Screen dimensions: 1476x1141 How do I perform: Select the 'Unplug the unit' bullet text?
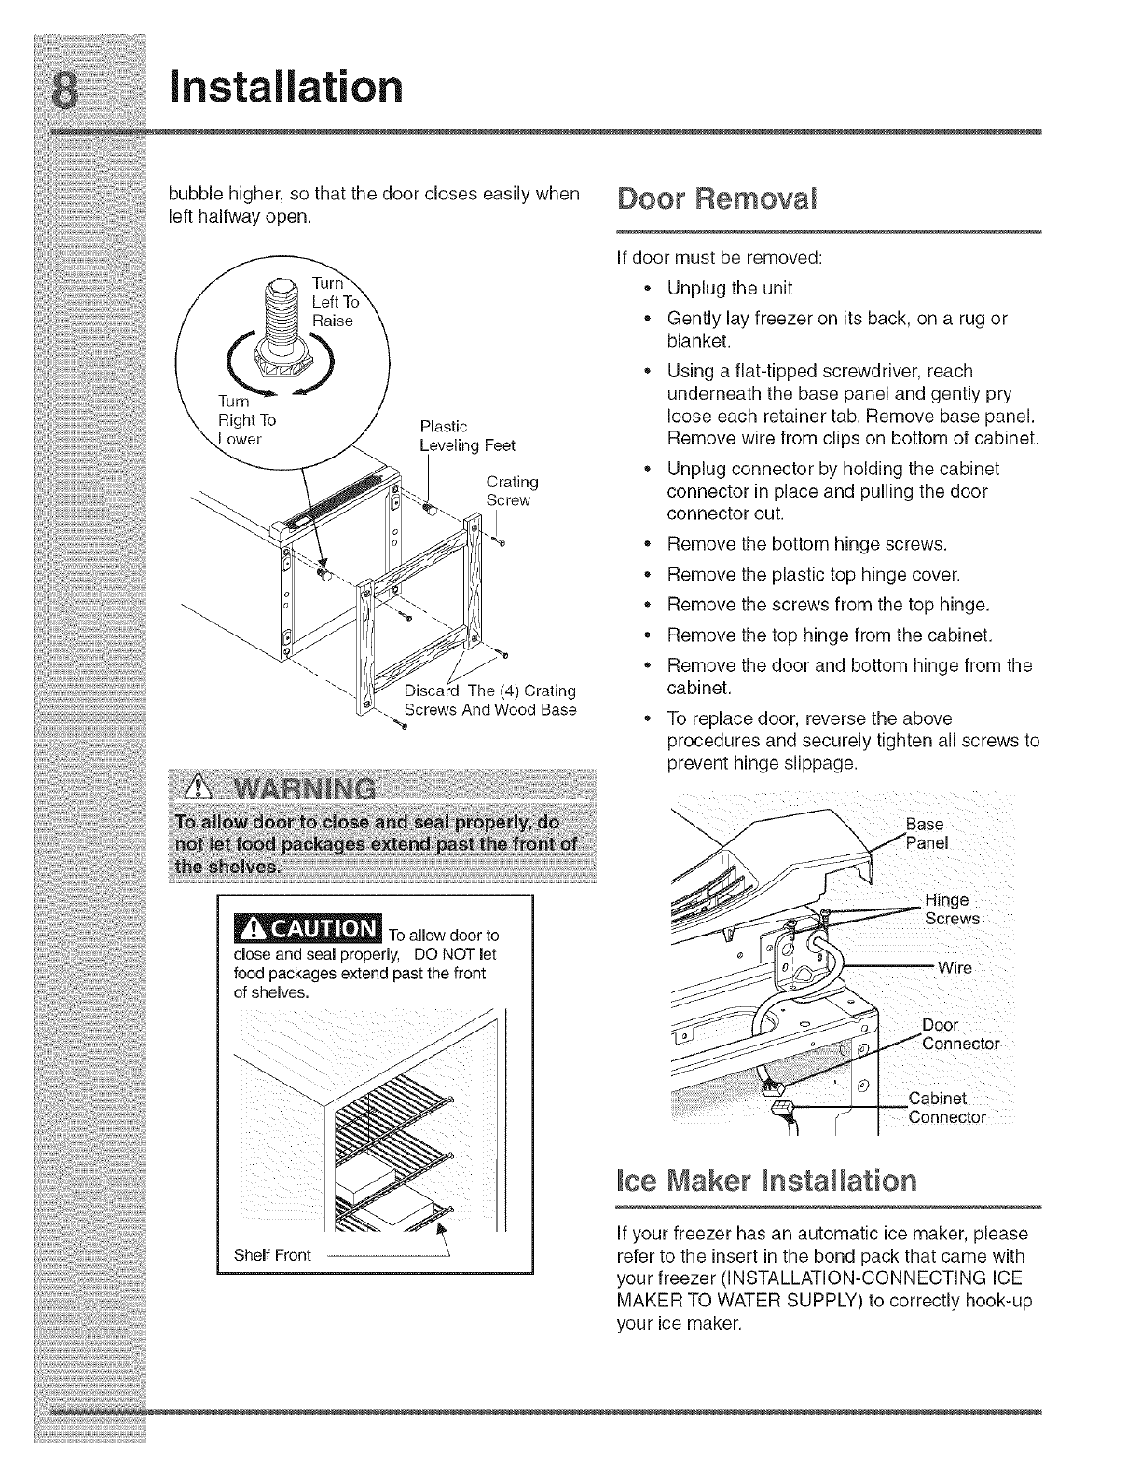[x=730, y=288]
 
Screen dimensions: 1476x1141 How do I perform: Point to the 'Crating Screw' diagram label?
[x=512, y=491]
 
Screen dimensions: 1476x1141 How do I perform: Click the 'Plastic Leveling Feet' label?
[x=467, y=436]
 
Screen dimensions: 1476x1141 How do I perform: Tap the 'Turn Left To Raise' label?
[x=335, y=302]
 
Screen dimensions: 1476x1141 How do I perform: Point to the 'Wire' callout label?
[x=955, y=968]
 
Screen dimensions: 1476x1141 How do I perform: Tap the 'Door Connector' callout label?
[x=959, y=1034]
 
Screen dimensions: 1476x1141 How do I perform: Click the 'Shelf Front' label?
[x=273, y=1254]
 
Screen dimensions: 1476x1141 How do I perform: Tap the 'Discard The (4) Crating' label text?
[x=490, y=690]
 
